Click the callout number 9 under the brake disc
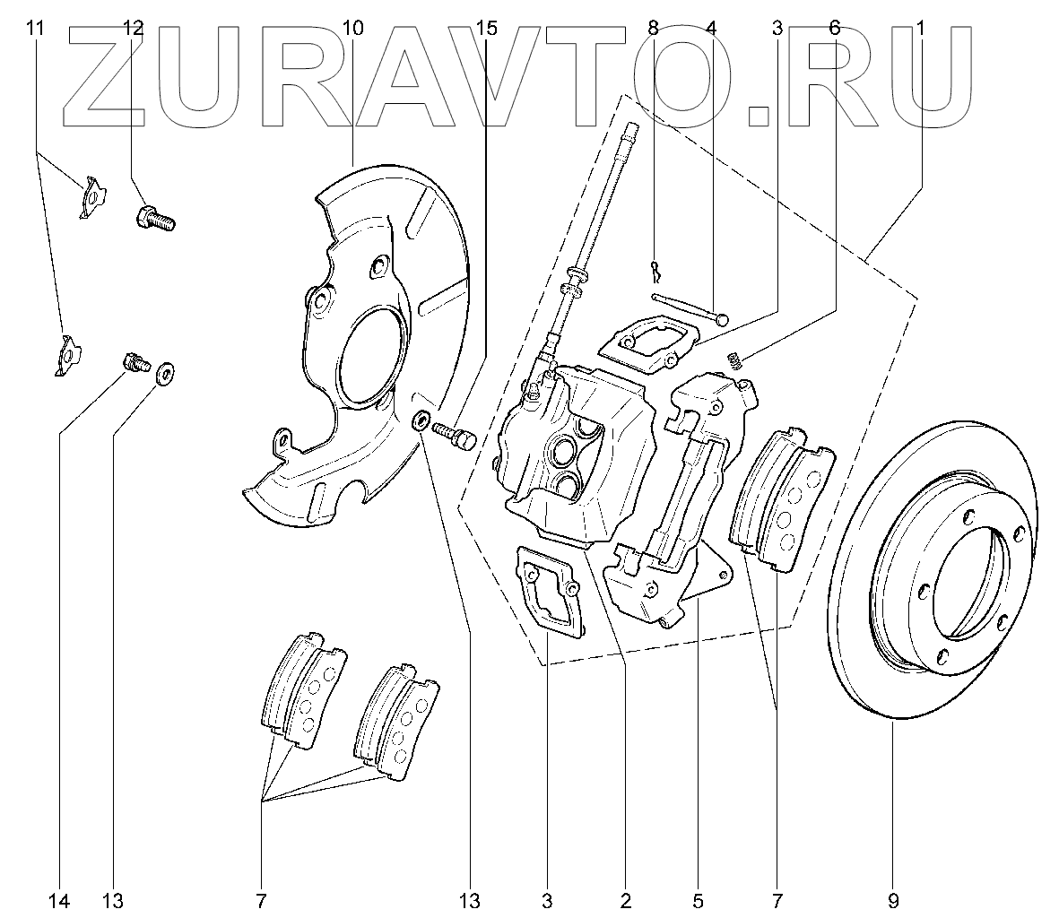[893, 899]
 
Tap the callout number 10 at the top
[352, 28]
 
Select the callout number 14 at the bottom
[60, 899]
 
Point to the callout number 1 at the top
[920, 28]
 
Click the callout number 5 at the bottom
[698, 899]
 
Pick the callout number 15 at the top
[485, 28]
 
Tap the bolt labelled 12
[154, 218]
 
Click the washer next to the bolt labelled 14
[166, 374]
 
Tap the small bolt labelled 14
[134, 363]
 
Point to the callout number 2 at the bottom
[625, 899]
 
